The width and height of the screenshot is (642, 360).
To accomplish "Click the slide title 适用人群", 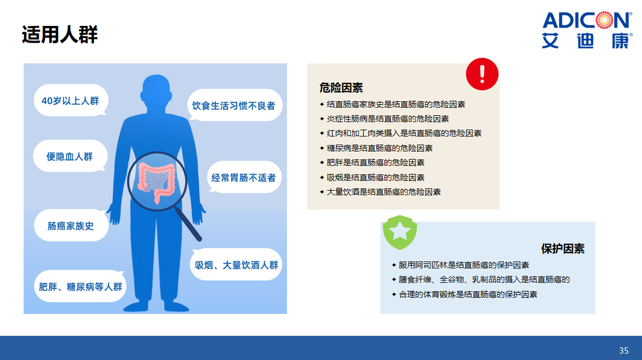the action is pos(60,35).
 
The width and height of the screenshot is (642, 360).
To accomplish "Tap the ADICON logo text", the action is pos(587,21).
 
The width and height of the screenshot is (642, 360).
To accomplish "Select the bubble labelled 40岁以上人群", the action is pos(70,101).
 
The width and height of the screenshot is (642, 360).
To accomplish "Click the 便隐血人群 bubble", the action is pos(70,156).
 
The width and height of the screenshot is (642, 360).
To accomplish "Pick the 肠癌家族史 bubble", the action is pos(71,225).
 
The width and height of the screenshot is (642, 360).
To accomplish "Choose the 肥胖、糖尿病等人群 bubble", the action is pos(80,286).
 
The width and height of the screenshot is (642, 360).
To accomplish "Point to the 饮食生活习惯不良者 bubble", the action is pos(234,105).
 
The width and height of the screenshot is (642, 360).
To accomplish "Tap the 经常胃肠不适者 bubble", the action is pos(244,177).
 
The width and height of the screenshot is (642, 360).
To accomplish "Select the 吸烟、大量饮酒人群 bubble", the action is pos(236,265).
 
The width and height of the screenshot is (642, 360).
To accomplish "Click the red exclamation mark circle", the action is pos(482,74).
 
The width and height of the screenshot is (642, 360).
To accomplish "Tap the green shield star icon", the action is pos(399,232).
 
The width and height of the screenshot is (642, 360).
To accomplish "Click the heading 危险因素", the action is pos(341,88).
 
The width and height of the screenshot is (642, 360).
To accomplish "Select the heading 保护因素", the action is pos(562,249).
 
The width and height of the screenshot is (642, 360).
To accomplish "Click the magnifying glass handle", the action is pos(188,224).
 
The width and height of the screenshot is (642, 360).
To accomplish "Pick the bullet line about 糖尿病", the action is pos(376,148).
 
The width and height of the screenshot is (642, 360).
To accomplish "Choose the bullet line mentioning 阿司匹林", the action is pos(460,265).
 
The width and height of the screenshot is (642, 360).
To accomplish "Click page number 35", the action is pos(624,351).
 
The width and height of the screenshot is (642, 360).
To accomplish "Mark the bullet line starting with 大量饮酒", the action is pos(380,192).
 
